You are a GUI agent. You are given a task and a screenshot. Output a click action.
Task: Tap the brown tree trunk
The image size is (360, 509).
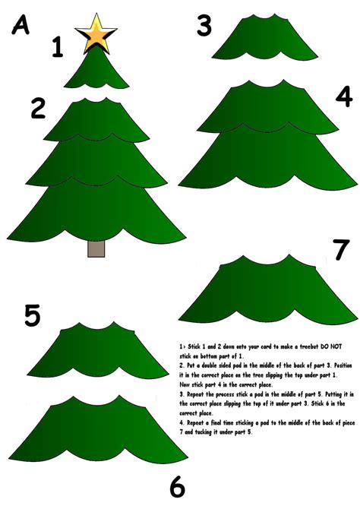click(x=96, y=248)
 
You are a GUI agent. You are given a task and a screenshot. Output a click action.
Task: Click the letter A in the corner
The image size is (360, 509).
click(x=21, y=27)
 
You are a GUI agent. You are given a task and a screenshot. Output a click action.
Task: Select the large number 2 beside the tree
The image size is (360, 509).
click(x=39, y=108)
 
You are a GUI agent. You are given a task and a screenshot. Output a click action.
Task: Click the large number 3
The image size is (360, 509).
click(x=204, y=25)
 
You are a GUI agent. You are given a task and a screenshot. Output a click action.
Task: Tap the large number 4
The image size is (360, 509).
click(x=343, y=97)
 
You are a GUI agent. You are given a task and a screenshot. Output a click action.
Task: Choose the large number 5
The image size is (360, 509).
click(x=32, y=314)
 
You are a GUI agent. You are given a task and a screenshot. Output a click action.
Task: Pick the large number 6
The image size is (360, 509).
click(x=177, y=486)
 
